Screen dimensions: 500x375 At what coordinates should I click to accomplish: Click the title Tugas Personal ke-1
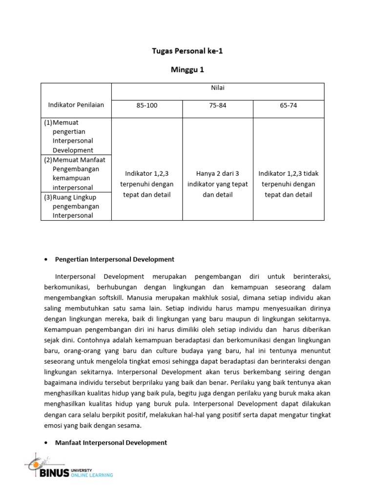[x=187, y=51]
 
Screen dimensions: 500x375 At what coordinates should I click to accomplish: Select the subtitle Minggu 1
[x=187, y=70]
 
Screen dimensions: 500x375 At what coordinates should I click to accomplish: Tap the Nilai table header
[x=218, y=88]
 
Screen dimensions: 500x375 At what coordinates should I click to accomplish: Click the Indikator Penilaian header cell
[x=76, y=105]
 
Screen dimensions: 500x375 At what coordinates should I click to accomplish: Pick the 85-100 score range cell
[x=147, y=105]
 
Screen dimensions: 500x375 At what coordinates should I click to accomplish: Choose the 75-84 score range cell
[x=218, y=105]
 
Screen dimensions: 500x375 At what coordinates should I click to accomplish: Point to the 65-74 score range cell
[x=288, y=105]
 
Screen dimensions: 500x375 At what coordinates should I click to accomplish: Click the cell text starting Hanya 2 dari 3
[x=218, y=184]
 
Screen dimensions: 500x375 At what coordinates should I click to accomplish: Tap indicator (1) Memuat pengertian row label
[x=76, y=136]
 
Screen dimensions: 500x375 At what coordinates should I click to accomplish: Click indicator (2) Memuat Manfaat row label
[x=76, y=173]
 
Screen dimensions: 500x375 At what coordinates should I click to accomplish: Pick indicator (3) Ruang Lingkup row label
[x=76, y=206]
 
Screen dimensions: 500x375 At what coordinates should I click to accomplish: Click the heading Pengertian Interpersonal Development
[x=115, y=259]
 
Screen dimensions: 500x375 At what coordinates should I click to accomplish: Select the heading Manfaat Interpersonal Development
[x=111, y=442]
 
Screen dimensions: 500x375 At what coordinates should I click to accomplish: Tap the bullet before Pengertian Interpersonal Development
[x=45, y=260]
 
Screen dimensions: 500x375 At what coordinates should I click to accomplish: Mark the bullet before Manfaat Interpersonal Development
[x=45, y=443]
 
